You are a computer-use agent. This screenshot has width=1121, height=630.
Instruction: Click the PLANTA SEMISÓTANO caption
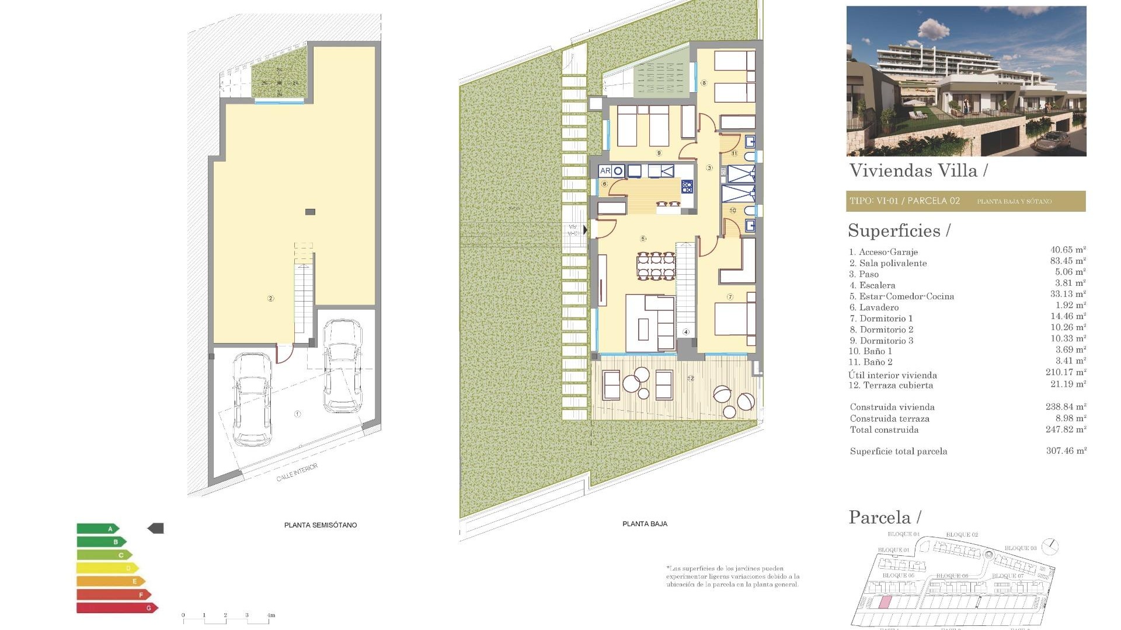coord(320,525)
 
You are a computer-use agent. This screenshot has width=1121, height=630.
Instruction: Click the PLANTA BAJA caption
coord(645,524)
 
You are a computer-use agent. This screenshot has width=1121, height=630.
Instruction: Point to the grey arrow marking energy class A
coord(156,528)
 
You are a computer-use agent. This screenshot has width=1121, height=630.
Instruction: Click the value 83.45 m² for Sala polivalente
coord(1067,261)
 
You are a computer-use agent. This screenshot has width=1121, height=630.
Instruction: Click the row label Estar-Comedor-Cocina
coord(906,296)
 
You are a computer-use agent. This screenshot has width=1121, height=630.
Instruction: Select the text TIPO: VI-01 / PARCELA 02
coord(904,201)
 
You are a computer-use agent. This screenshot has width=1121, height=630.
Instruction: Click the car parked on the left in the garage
coord(252,399)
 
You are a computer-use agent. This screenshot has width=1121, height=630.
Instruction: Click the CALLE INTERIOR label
coord(297,473)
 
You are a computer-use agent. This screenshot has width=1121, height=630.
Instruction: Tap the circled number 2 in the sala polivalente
coord(270,299)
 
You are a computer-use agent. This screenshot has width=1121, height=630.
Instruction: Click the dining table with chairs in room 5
coord(656,266)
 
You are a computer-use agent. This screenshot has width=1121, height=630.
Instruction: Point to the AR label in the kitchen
coord(605,171)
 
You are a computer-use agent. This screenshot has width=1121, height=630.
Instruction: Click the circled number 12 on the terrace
coord(691,379)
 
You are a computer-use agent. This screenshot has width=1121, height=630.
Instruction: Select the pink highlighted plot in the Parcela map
coord(885,603)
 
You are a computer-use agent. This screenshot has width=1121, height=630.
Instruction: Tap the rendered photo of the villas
coord(966,81)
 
